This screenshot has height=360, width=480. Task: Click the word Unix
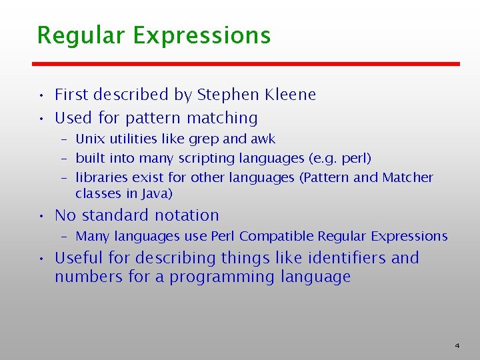pos(88,139)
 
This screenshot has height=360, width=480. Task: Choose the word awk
pos(262,139)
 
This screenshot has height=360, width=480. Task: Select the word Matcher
pos(407,177)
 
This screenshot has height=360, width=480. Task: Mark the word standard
pos(115,215)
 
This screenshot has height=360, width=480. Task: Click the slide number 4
pos(457,345)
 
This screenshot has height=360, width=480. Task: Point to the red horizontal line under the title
pos(247,64)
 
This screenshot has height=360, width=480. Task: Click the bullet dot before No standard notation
pos(41,216)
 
